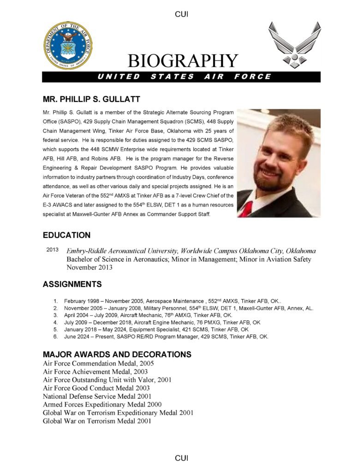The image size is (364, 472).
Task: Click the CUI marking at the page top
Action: (x=182, y=14)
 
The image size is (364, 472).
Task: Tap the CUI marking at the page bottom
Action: (x=182, y=458)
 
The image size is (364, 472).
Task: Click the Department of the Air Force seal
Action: (x=67, y=45)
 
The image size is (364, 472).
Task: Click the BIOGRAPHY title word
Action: (x=183, y=61)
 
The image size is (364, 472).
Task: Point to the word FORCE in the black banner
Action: (x=253, y=77)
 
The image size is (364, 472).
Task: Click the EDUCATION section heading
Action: (x=66, y=235)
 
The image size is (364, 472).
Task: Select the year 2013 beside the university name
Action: (x=53, y=249)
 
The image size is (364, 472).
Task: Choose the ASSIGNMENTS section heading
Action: (x=72, y=284)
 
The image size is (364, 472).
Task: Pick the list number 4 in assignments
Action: (x=55, y=322)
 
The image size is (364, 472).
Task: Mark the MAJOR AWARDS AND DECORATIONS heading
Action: (x=117, y=354)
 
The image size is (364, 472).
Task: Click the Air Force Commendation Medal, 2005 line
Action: (x=98, y=363)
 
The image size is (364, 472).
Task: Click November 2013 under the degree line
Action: (x=90, y=267)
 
